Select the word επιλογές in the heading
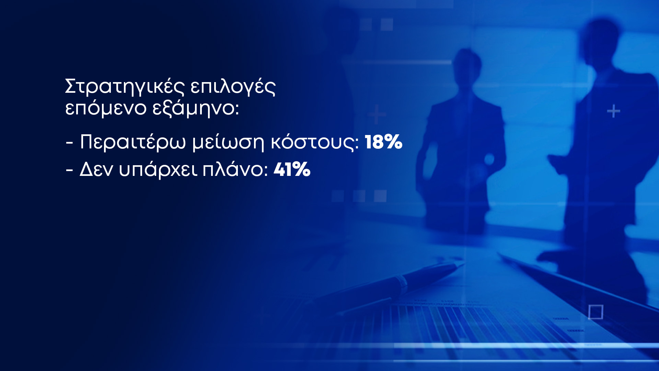point(233,87)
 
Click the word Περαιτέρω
point(133,142)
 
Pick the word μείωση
point(228,142)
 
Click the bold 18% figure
point(383,142)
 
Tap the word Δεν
point(96,169)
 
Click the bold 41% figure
point(292,169)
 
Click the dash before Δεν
point(69,170)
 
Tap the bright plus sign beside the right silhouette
point(613,111)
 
